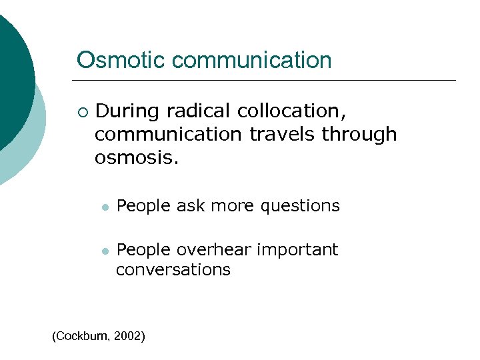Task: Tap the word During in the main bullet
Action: point(128,110)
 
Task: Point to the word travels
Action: point(283,134)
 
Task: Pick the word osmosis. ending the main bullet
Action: point(137,157)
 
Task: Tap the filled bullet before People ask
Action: point(104,207)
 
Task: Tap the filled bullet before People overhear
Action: point(104,251)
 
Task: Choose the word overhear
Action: point(213,249)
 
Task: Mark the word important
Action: point(297,249)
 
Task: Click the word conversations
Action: point(173,269)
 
